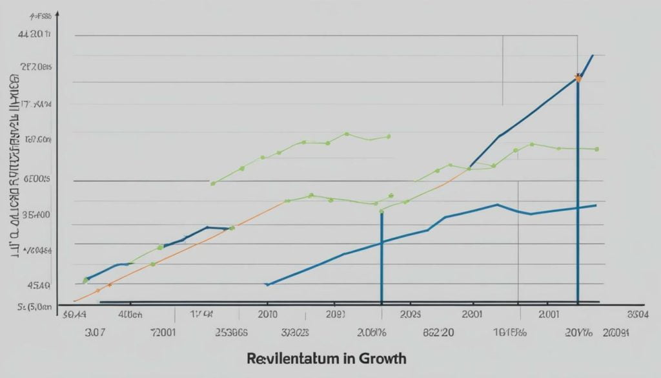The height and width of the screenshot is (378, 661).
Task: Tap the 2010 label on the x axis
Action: (x=267, y=315)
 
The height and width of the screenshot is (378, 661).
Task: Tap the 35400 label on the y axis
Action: (x=36, y=215)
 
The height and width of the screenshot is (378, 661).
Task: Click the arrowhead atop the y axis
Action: (x=57, y=13)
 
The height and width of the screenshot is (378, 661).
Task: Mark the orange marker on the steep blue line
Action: (x=578, y=78)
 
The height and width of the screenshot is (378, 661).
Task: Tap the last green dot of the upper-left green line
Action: (x=389, y=136)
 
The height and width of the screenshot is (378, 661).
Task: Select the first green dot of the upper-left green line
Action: (x=213, y=184)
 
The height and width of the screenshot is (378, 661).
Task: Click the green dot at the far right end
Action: (x=597, y=149)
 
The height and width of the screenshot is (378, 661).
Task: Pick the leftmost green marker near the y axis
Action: (x=85, y=280)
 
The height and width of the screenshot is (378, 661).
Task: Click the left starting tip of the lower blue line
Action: (x=267, y=284)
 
